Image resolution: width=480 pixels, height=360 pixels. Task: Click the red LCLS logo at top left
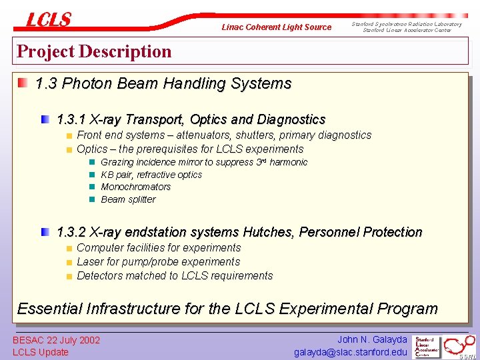pyautogui.click(x=48, y=20)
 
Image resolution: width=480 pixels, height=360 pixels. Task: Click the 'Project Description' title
pyautogui.click(x=94, y=51)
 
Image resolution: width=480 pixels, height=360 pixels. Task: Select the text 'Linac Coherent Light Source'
pyautogui.click(x=276, y=27)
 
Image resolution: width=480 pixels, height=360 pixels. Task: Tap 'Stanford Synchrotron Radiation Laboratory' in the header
pyautogui.click(x=407, y=24)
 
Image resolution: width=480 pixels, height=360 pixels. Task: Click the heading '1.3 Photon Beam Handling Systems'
pyautogui.click(x=163, y=84)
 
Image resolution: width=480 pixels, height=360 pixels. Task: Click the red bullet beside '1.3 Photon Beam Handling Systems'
pyautogui.click(x=23, y=83)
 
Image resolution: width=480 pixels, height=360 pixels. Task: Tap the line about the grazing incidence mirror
pyautogui.click(x=204, y=162)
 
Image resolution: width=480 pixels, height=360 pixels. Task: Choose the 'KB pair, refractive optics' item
pyautogui.click(x=151, y=175)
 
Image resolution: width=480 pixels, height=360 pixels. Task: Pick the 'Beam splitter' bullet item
pyautogui.click(x=128, y=199)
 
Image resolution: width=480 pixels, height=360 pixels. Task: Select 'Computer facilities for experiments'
pyautogui.click(x=159, y=248)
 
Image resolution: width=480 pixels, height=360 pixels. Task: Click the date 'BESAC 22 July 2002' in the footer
pyautogui.click(x=57, y=341)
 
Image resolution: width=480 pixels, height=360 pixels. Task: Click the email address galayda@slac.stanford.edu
pyautogui.click(x=351, y=352)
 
